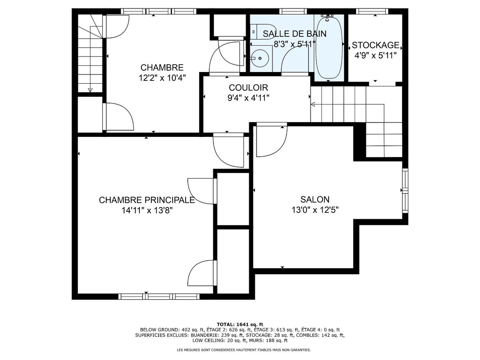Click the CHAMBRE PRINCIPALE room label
(147, 200)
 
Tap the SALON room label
(315, 199)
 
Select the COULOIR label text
(248, 88)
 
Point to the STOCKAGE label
(376, 45)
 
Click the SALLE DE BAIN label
(294, 34)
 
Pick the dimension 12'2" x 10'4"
(162, 78)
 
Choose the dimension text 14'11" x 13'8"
(147, 211)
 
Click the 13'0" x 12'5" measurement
(315, 210)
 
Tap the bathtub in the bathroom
(329, 48)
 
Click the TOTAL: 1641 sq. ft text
(240, 324)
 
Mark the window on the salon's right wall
(405, 191)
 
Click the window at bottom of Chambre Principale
(159, 296)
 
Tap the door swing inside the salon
(272, 141)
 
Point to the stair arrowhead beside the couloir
(313, 104)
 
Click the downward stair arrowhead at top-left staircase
(90, 90)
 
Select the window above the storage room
(372, 11)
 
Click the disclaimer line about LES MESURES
(244, 350)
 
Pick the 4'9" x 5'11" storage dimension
(376, 55)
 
